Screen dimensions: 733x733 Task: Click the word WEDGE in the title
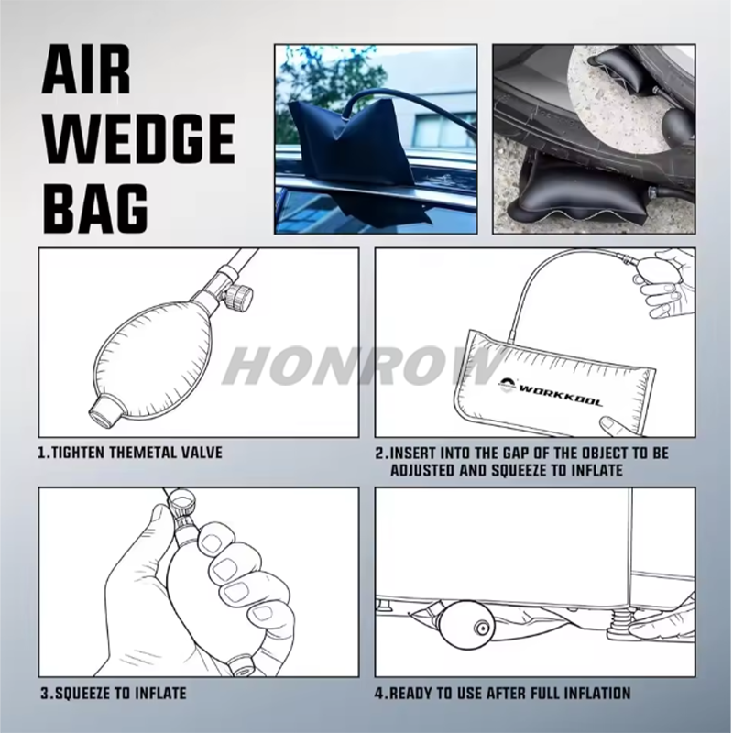138,139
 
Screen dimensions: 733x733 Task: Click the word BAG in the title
95,208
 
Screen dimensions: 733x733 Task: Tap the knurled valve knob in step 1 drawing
240,295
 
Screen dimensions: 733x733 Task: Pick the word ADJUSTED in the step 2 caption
422,470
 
